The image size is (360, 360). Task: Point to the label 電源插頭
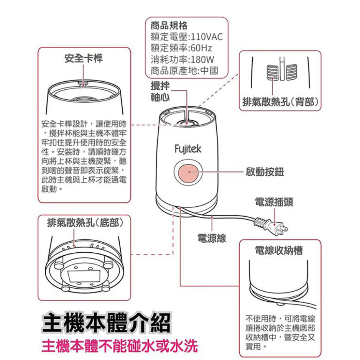coord(274,202)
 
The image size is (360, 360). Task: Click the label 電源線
coord(212,238)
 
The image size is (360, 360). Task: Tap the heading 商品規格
coord(169,26)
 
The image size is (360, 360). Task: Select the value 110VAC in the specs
coord(206,37)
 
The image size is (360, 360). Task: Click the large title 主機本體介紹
coord(105,323)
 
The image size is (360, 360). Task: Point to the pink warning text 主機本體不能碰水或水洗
coord(120,346)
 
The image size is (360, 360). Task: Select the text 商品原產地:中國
coord(184,70)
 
